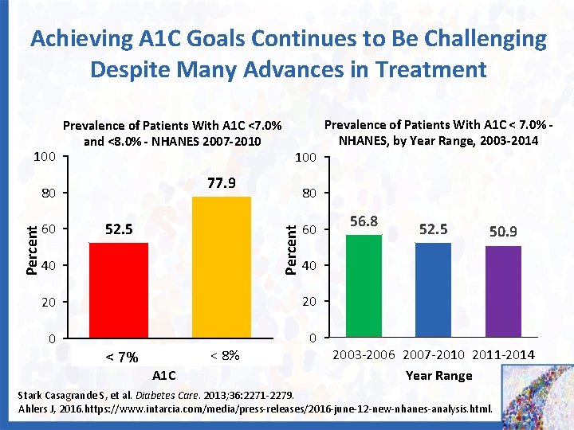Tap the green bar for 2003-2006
click(x=364, y=286)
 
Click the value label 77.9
click(x=222, y=184)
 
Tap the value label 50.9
click(x=503, y=232)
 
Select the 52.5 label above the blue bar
click(x=433, y=229)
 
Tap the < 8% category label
click(x=224, y=355)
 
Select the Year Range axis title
click(x=438, y=375)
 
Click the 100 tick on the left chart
click(x=44, y=157)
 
